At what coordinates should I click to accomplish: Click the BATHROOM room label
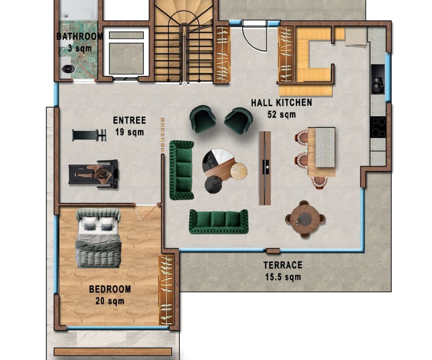click(80, 37)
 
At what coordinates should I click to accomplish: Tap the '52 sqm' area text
click(282, 114)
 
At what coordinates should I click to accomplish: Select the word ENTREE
click(130, 120)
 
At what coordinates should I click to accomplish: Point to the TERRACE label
click(283, 265)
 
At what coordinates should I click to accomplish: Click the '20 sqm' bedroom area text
click(110, 301)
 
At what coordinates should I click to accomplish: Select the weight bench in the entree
click(89, 135)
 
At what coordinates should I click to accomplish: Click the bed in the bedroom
click(98, 238)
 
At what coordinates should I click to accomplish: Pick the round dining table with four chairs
click(305, 219)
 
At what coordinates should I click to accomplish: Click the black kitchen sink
click(378, 80)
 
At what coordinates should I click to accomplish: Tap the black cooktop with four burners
click(378, 127)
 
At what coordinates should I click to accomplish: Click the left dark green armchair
click(203, 119)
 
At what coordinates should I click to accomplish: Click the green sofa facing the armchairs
click(219, 222)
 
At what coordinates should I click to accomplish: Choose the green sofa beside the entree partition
click(182, 170)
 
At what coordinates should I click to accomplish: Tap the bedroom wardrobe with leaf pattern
click(166, 291)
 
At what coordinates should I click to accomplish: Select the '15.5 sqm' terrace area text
click(283, 277)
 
